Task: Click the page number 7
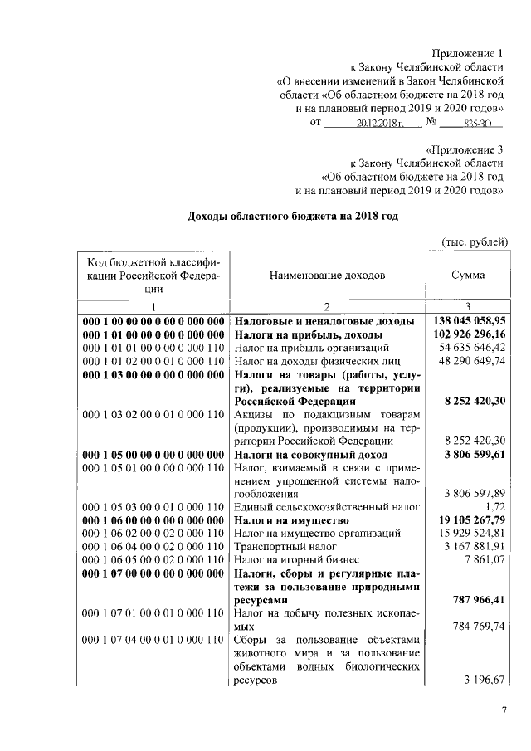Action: click(x=503, y=710)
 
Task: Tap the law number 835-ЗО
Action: click(x=478, y=123)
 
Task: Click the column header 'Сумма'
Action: click(x=468, y=275)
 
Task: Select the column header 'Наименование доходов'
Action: click(x=326, y=275)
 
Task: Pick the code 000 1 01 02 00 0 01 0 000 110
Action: click(x=154, y=362)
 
